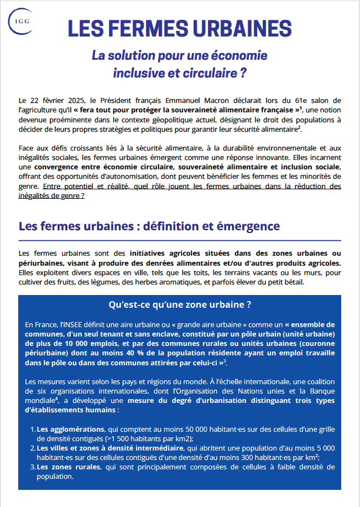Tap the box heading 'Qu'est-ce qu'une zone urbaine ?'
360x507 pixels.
click(180, 305)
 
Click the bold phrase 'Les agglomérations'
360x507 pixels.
click(70, 429)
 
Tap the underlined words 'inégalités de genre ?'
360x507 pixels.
click(51, 196)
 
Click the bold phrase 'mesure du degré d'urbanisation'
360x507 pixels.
click(204, 401)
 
